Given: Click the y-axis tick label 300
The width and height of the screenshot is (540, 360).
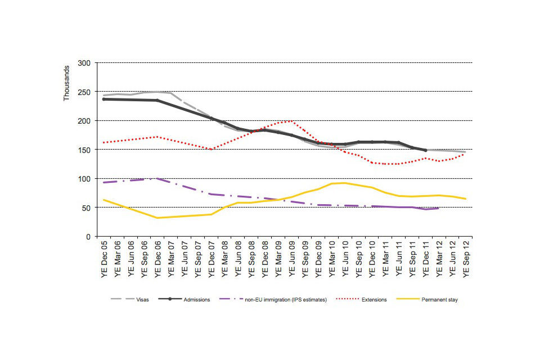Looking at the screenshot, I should [84, 62].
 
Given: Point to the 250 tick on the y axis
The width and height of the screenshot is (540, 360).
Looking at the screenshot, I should [84, 92].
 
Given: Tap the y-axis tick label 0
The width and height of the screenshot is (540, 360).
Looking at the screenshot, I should [88, 237].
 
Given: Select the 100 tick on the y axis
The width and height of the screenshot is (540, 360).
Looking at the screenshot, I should [84, 179].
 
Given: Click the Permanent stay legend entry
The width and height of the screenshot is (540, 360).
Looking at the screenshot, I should [434, 300].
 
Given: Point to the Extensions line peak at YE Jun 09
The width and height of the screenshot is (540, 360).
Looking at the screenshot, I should [291, 120].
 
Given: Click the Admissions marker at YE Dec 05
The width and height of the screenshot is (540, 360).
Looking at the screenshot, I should [103, 99].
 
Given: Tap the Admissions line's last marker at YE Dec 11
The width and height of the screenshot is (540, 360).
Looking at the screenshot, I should [425, 150].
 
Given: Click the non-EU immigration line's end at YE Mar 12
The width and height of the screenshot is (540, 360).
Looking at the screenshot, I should [438, 208].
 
